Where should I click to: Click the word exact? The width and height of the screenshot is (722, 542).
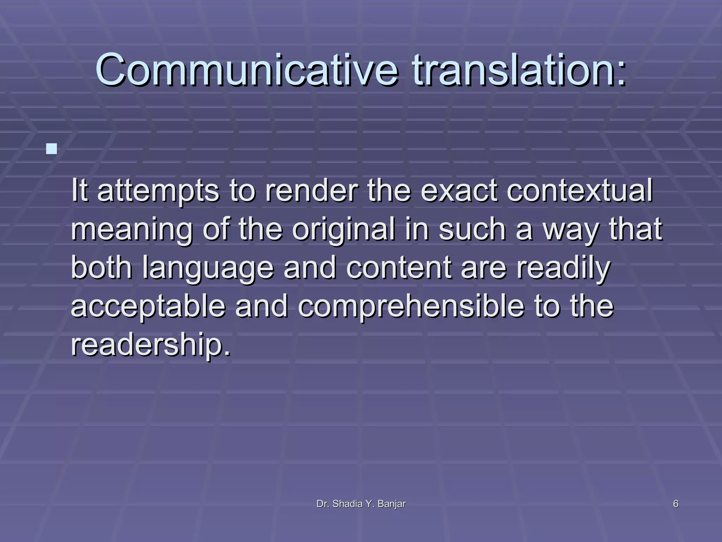point(459,191)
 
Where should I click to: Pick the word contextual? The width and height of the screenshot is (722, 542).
point(580,191)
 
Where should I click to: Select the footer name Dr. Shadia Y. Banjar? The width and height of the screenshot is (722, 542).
point(361,504)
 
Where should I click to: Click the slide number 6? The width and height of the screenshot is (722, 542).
point(676,504)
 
